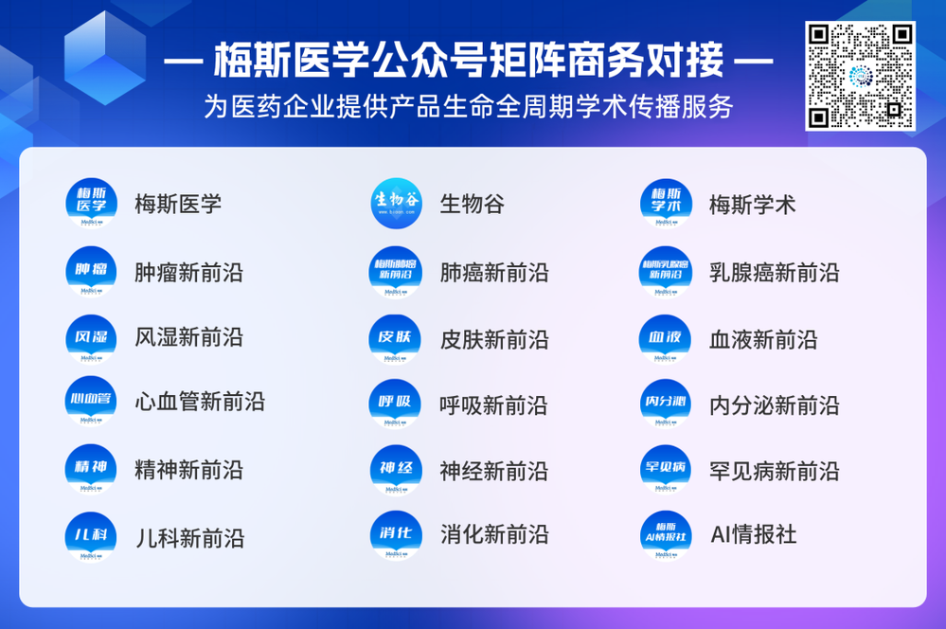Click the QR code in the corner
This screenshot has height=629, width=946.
[860, 76]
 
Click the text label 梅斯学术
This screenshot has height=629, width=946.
[753, 204]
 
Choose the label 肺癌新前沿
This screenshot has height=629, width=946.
[494, 273]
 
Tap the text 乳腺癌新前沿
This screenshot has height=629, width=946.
[774, 273]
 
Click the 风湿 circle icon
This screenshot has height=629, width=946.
[92, 338]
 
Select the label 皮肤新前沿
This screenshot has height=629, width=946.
[494, 339]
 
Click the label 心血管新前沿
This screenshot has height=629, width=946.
[200, 402]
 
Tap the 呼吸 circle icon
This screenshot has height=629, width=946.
[396, 404]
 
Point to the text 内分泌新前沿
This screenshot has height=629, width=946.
[774, 405]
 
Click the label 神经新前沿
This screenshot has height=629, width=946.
[494, 471]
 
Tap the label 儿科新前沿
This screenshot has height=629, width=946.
[189, 538]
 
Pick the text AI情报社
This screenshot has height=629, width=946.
[754, 534]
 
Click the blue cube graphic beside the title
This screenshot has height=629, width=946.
[104, 57]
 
